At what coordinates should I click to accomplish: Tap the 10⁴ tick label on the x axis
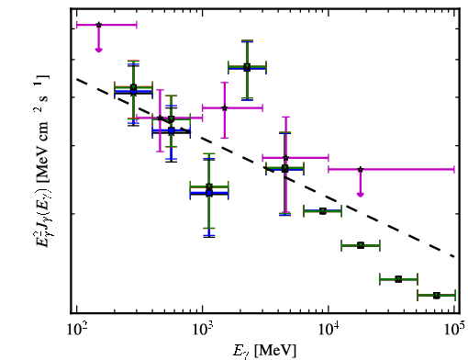click(329, 330)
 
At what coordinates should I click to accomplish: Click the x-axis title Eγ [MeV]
click(264, 351)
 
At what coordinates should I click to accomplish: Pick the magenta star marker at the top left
click(98, 25)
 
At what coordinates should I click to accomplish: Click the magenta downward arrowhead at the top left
click(98, 50)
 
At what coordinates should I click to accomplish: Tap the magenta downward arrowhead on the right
click(361, 195)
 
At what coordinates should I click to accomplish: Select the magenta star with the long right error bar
click(361, 169)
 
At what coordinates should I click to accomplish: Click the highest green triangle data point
click(247, 66)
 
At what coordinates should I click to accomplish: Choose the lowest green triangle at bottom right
click(437, 295)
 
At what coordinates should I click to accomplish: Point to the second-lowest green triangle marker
click(398, 279)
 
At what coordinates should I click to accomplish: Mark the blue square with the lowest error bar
click(209, 193)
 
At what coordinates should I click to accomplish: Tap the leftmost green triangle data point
click(133, 87)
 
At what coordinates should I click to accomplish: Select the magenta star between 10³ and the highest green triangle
click(225, 107)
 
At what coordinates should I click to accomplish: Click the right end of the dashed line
click(455, 256)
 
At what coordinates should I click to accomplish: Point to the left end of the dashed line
click(77, 79)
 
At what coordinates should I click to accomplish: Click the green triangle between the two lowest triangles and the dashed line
click(361, 245)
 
